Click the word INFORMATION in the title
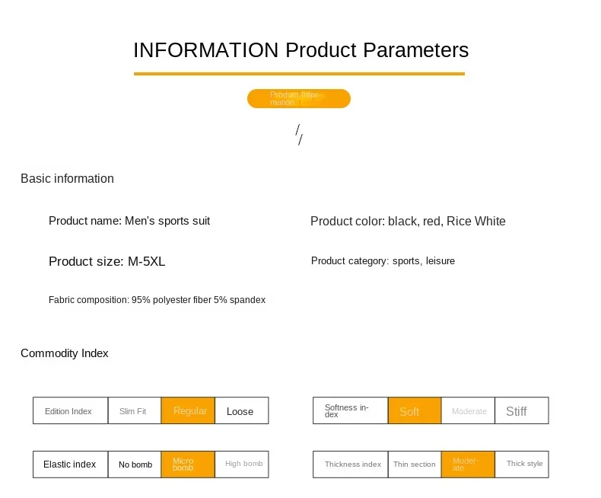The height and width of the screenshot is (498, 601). [x=205, y=50]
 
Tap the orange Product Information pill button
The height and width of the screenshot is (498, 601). [x=298, y=98]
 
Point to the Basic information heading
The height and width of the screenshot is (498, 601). [x=67, y=178]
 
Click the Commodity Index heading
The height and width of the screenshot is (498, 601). [x=65, y=353]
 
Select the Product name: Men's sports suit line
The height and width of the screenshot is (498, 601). [x=129, y=221]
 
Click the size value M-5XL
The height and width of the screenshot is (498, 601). [x=146, y=262]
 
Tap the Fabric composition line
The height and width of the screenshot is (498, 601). [x=157, y=300]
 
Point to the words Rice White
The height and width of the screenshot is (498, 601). [x=475, y=222]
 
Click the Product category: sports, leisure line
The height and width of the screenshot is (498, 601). [x=383, y=261]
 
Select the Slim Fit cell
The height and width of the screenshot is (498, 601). [x=133, y=411]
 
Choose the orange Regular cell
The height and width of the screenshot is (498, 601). [x=189, y=411]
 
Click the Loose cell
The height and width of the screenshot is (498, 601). [x=241, y=411]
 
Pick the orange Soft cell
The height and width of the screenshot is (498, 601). [x=415, y=411]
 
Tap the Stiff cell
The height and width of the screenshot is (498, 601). [x=521, y=411]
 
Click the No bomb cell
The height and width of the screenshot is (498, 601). [x=135, y=464]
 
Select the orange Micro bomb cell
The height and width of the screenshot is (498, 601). [x=188, y=464]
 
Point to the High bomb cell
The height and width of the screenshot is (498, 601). [x=243, y=464]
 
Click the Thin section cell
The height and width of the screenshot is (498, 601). [x=415, y=464]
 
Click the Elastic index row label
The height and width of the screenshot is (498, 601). [x=70, y=464]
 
